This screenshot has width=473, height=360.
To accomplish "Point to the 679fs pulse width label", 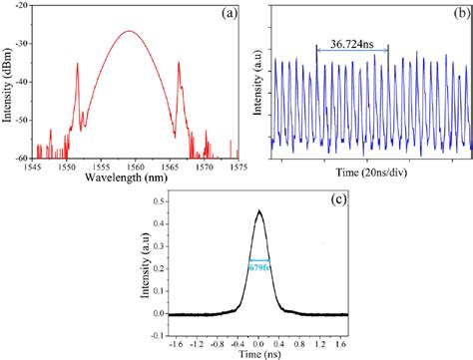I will point(259,265).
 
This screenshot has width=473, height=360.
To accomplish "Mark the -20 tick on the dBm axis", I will point(21,6).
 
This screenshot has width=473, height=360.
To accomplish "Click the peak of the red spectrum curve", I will point(128,31).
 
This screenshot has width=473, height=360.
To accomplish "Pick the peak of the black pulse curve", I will point(259,210).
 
